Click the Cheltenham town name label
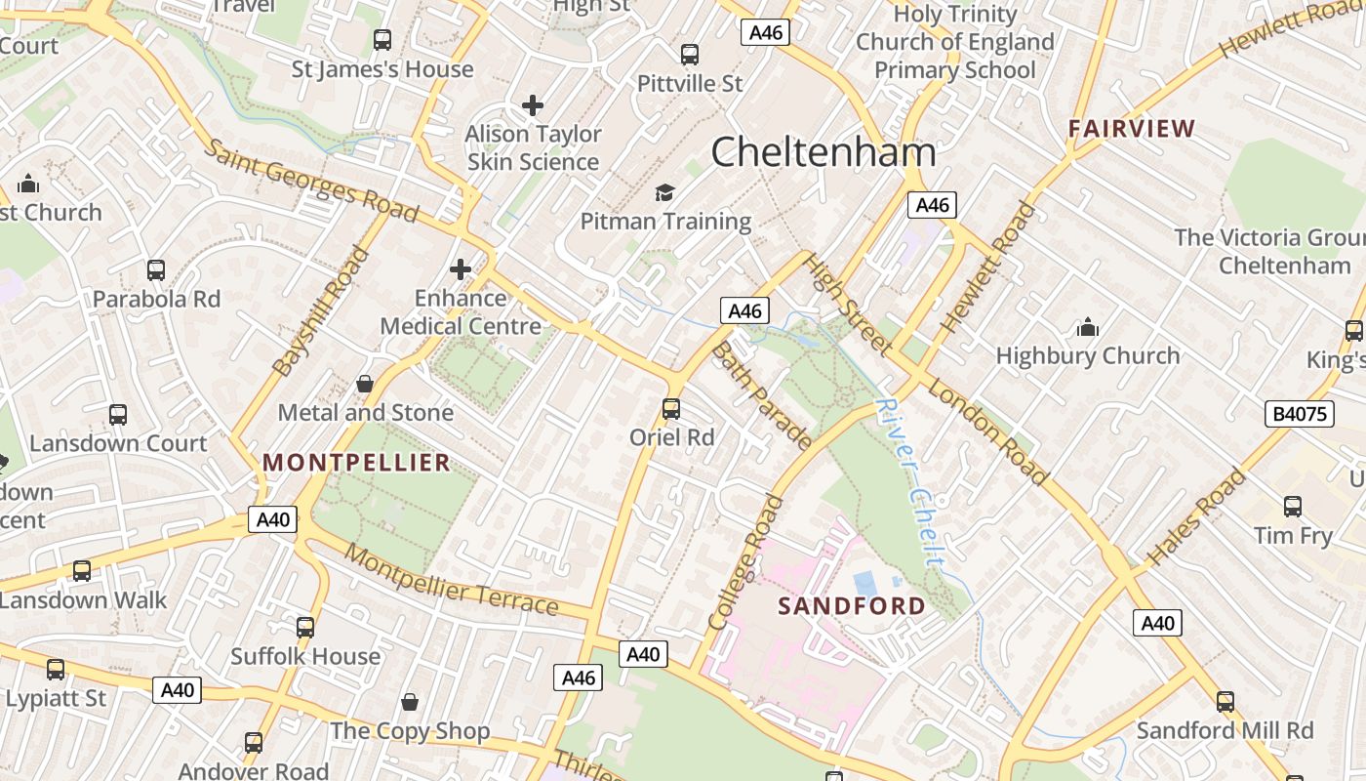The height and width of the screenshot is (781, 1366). point(824,152)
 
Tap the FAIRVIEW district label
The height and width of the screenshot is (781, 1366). point(1131,128)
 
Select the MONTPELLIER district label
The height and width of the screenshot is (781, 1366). point(357,463)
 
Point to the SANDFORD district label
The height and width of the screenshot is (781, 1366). point(851,605)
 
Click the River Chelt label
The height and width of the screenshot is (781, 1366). point(910,482)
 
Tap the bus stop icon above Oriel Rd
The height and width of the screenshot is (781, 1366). point(671,408)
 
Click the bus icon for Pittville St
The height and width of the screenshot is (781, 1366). point(690,55)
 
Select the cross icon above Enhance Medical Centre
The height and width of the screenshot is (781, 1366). point(461,269)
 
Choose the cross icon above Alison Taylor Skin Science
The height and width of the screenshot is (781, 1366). point(533,104)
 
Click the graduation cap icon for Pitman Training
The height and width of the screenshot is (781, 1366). point(665,192)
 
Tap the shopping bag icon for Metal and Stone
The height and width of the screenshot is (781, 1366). point(365,384)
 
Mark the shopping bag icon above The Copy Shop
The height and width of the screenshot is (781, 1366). point(410,702)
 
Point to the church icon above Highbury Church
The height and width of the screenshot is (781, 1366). point(1088,327)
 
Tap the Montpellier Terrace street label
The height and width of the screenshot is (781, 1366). point(452,582)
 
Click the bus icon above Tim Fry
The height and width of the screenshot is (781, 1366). point(1293,507)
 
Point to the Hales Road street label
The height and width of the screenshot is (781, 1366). point(1196,518)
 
